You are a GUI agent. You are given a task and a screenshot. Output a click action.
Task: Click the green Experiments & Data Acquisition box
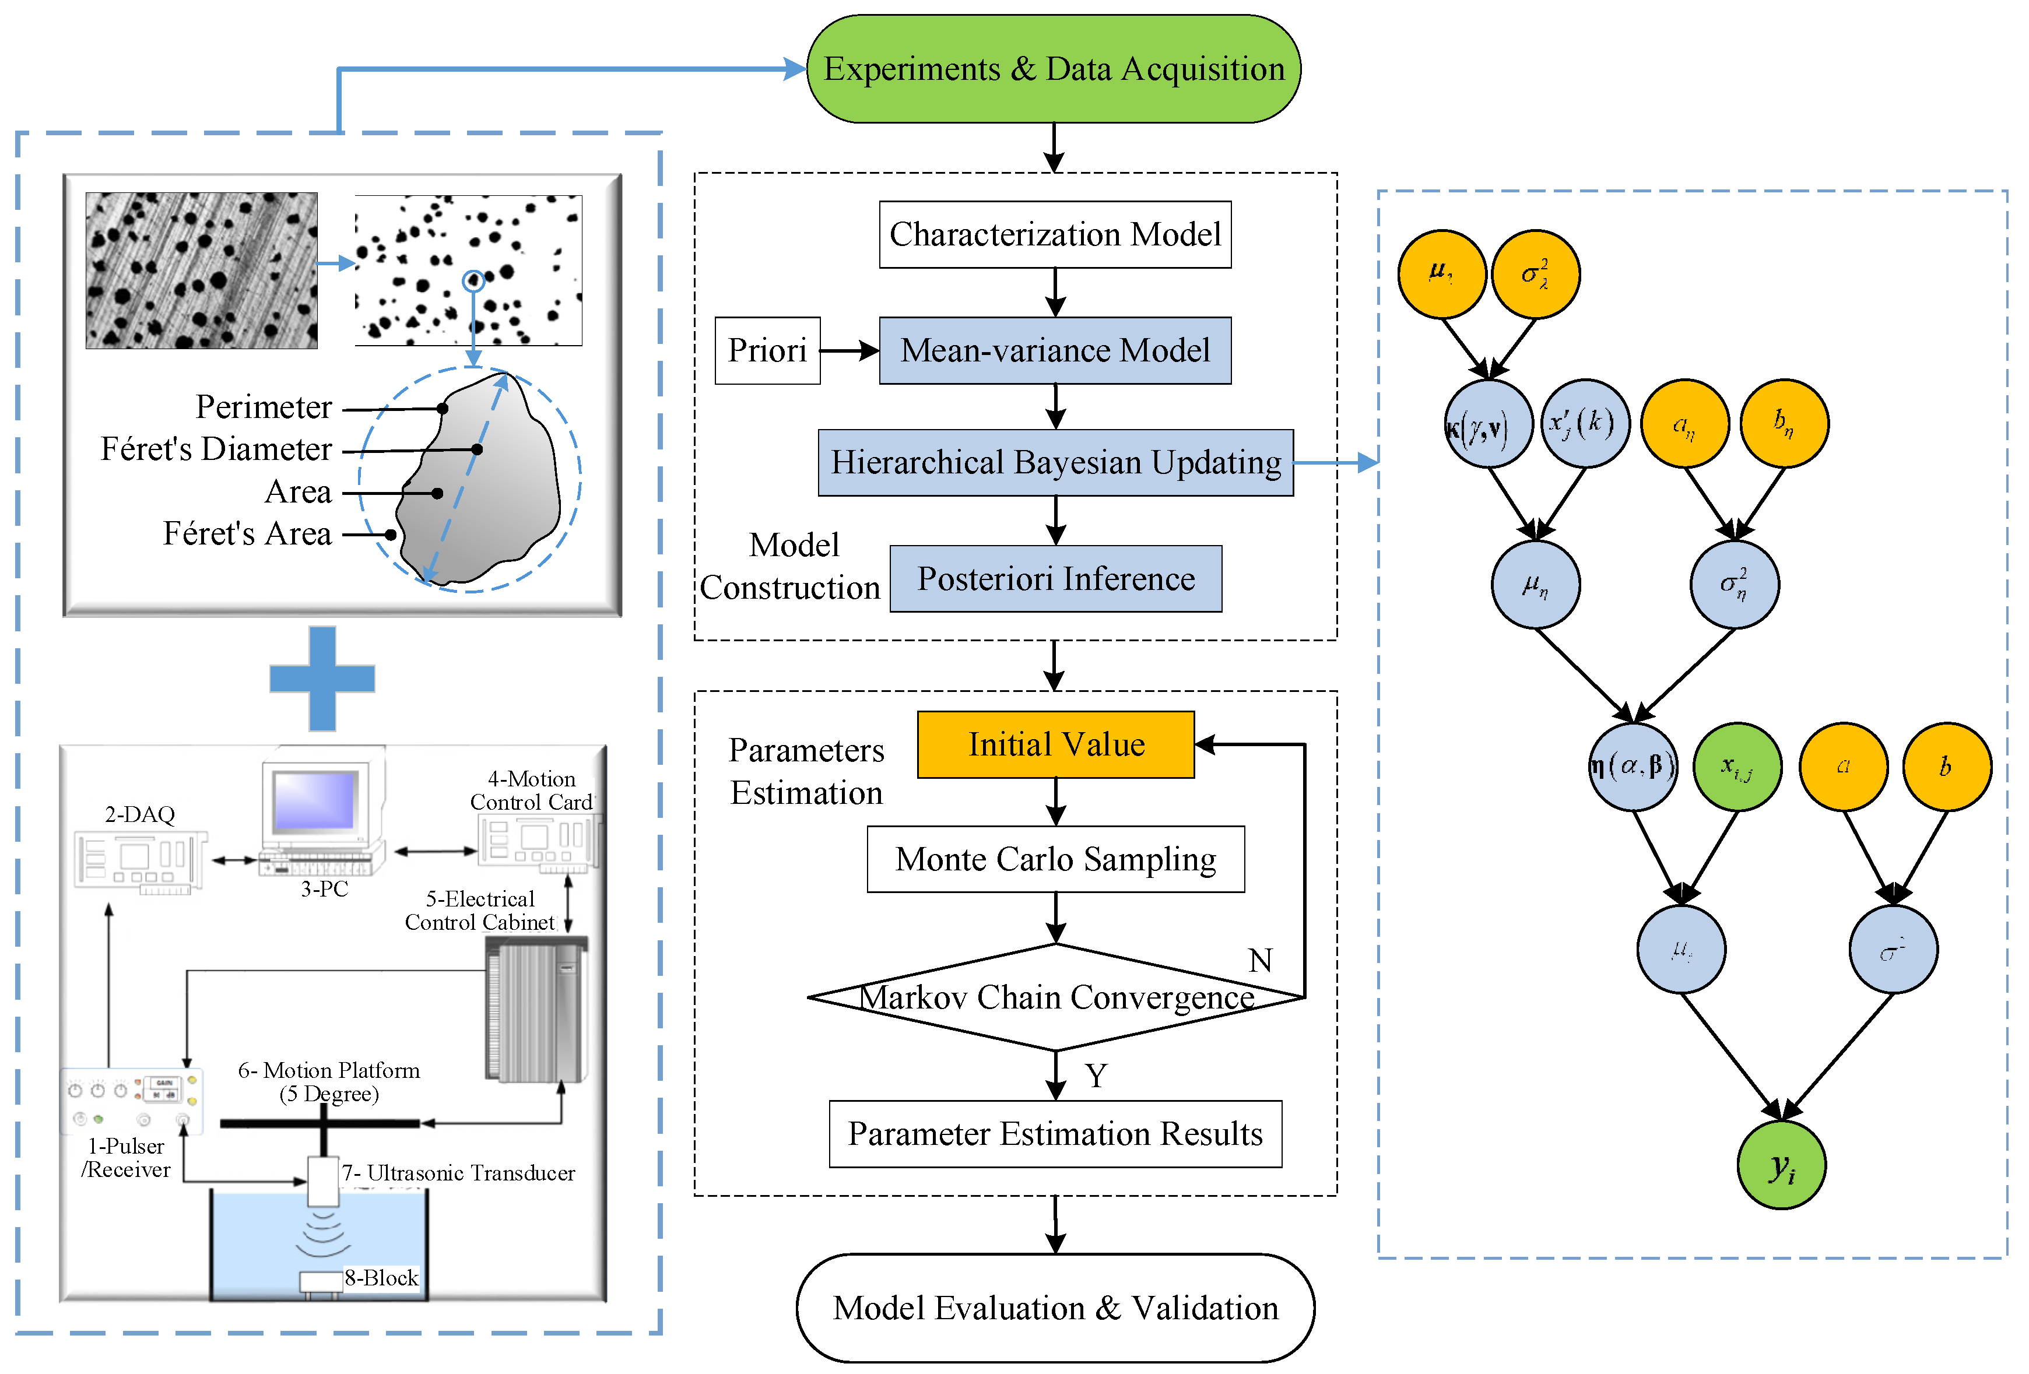tap(1053, 69)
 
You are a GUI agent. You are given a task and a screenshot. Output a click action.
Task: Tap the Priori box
tap(767, 350)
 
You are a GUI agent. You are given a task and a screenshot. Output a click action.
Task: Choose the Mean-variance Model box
tap(1055, 350)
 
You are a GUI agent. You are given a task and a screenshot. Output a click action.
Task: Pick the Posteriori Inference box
tap(1055, 579)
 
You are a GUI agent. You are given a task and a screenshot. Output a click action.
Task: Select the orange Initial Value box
tap(1055, 744)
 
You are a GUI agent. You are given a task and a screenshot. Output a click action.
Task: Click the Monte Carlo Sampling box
tap(1055, 859)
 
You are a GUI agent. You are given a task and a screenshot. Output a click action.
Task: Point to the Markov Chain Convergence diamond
tap(1055, 997)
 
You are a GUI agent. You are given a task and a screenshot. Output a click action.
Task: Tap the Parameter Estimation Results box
tap(1055, 1134)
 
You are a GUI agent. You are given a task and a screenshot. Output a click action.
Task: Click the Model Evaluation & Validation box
tap(1055, 1308)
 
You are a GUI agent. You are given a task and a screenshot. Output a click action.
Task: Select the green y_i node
tap(1781, 1165)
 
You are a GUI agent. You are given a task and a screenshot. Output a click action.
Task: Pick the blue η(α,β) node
tap(1632, 767)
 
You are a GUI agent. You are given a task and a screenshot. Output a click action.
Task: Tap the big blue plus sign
tap(322, 679)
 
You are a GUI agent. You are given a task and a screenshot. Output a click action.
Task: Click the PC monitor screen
tap(314, 800)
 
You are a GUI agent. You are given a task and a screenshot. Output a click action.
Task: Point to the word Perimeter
tap(263, 407)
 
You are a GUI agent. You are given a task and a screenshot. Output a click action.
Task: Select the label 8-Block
tap(381, 1278)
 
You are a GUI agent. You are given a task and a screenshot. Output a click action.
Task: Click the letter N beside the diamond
tap(1260, 960)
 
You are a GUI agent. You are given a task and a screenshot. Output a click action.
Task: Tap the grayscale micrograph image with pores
tap(202, 270)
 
